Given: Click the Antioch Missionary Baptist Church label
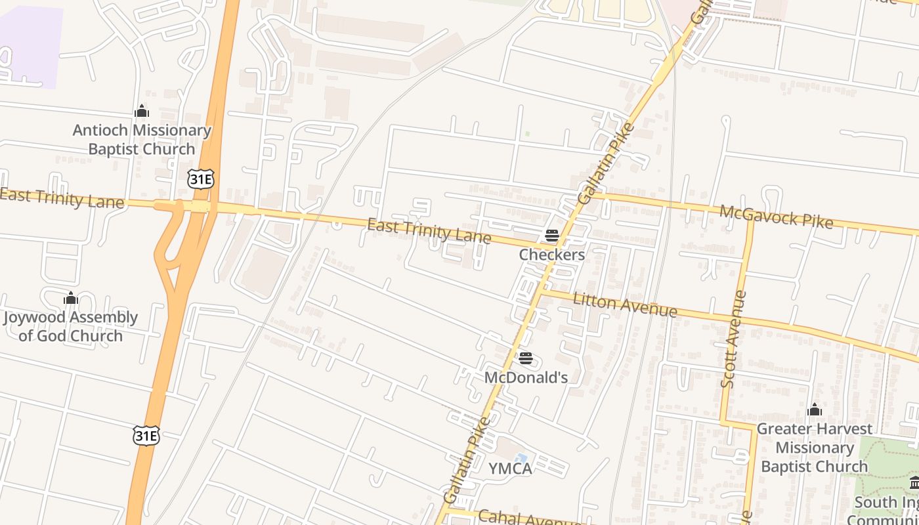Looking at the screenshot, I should tap(142, 140).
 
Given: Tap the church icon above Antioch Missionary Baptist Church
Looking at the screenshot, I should tap(142, 112).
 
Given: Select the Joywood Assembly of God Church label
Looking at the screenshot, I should tap(70, 327).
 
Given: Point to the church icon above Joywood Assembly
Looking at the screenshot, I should tap(71, 299).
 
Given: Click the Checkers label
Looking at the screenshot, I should tap(551, 255).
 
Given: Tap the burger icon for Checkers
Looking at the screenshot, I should tap(552, 236).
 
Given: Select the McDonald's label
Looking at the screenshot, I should tap(526, 378).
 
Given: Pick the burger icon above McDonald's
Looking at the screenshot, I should tap(525, 358).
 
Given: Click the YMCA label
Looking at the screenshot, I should tap(510, 469).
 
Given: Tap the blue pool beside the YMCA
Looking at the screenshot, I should tap(521, 457).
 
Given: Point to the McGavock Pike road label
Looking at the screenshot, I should tap(776, 217).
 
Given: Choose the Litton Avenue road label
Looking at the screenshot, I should tap(624, 304).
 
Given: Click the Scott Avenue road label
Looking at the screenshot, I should tap(734, 339).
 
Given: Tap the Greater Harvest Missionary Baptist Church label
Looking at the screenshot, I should tap(815, 448).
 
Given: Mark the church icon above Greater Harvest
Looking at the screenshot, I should tap(815, 410).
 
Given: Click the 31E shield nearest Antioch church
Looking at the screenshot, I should tap(200, 179).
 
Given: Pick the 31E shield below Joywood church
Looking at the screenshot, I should tap(146, 435).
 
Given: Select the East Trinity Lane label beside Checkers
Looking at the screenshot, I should tap(429, 231).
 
